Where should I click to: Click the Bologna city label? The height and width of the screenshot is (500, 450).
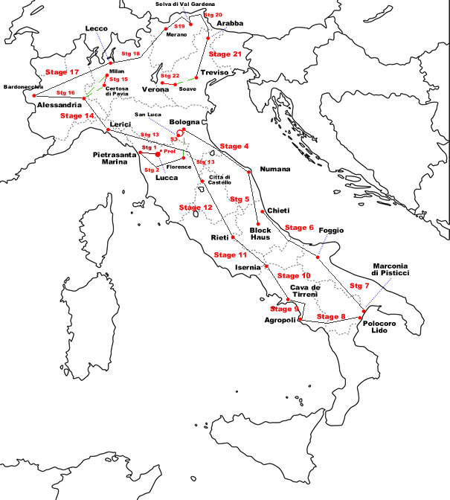point(185,121)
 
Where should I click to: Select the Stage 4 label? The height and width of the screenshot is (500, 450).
point(235,146)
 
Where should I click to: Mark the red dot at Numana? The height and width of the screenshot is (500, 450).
point(249,171)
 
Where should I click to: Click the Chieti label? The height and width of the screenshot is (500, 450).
point(277,211)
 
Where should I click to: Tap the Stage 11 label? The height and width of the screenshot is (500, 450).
point(230,254)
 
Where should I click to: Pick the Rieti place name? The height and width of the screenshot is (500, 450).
point(219,237)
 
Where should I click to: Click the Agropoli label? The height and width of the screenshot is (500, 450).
point(280,321)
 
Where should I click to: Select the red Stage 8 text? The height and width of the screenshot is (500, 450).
point(331,317)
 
